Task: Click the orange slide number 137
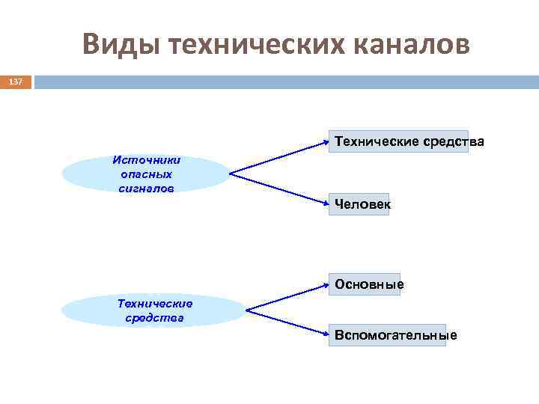click(16, 82)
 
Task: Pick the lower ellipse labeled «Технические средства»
click(154, 310)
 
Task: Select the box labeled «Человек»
click(362, 204)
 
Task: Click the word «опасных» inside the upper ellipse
click(146, 174)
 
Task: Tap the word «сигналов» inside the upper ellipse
click(146, 188)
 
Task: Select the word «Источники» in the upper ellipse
click(146, 159)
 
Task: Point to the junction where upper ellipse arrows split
click(230, 174)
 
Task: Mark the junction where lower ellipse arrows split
click(247, 310)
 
